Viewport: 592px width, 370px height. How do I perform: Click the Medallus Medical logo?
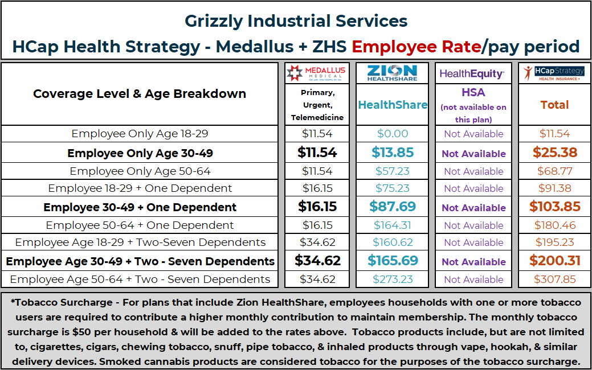pos(317,73)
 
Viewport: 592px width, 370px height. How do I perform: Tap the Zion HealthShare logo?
pos(392,73)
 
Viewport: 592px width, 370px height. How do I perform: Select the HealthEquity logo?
pos(472,74)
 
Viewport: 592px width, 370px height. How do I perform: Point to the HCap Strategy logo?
pos(554,73)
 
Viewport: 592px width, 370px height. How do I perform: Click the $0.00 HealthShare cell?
pos(392,134)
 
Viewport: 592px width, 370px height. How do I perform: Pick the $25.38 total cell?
pos(554,153)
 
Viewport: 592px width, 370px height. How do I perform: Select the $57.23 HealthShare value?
pos(392,171)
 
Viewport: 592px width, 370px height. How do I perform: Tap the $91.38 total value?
pos(554,188)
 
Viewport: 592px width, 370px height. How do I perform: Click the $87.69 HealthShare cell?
pos(392,207)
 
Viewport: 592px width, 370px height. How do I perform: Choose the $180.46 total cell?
pos(554,225)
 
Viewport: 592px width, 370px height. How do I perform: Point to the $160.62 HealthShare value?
pos(392,242)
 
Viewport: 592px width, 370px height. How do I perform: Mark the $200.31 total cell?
pos(554,261)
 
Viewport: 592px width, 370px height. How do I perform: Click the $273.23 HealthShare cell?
pos(392,279)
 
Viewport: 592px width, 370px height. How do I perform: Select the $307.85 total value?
pos(554,279)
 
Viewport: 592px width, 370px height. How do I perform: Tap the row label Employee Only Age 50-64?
pos(140,171)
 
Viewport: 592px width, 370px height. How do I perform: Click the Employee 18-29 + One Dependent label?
pos(140,188)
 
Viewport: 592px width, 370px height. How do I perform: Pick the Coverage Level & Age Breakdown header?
pos(140,94)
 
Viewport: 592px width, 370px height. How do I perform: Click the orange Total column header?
pos(554,105)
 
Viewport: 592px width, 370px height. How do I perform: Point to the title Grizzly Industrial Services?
pos(296,22)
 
